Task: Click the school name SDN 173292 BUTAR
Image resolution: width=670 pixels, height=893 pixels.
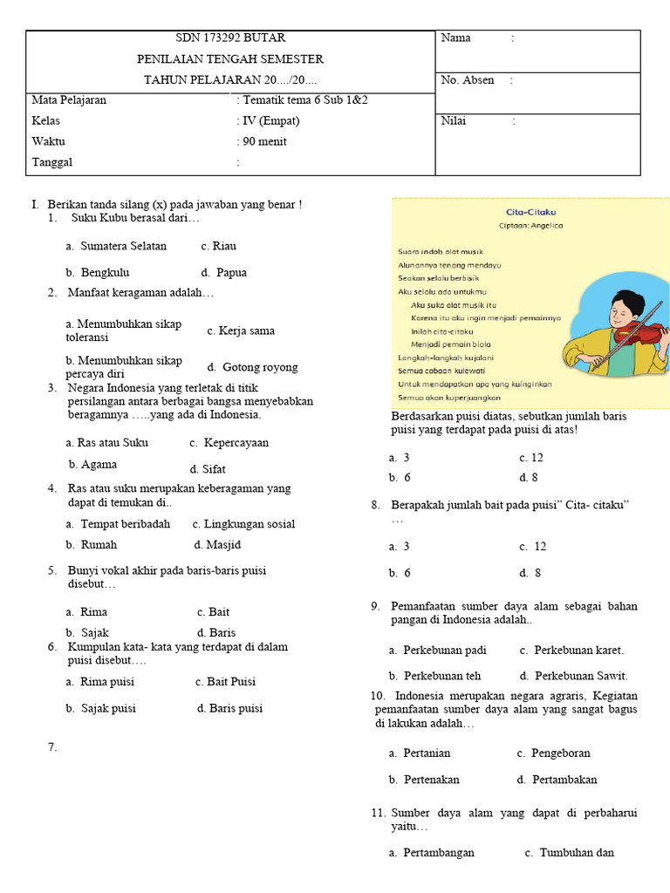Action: tap(230, 38)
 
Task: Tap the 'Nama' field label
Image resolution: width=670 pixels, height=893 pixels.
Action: tap(456, 38)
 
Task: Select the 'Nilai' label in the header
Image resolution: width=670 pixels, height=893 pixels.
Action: tap(454, 121)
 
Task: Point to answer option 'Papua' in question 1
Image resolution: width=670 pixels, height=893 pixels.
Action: tap(231, 273)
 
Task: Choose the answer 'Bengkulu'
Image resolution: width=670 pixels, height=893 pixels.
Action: tap(105, 273)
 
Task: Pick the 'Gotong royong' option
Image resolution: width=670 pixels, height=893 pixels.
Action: tap(259, 367)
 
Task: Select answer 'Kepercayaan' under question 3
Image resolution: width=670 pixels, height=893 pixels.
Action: tap(236, 443)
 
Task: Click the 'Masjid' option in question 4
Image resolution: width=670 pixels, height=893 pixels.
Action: tap(223, 545)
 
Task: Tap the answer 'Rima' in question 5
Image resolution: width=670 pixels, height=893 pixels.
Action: tap(93, 612)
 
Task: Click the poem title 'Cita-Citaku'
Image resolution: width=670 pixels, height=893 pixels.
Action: tap(531, 212)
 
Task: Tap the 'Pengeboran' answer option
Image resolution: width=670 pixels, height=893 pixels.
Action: tap(560, 753)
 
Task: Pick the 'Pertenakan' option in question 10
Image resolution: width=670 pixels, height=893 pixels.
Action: tap(431, 780)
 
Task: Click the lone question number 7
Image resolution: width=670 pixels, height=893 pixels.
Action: tap(52, 746)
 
